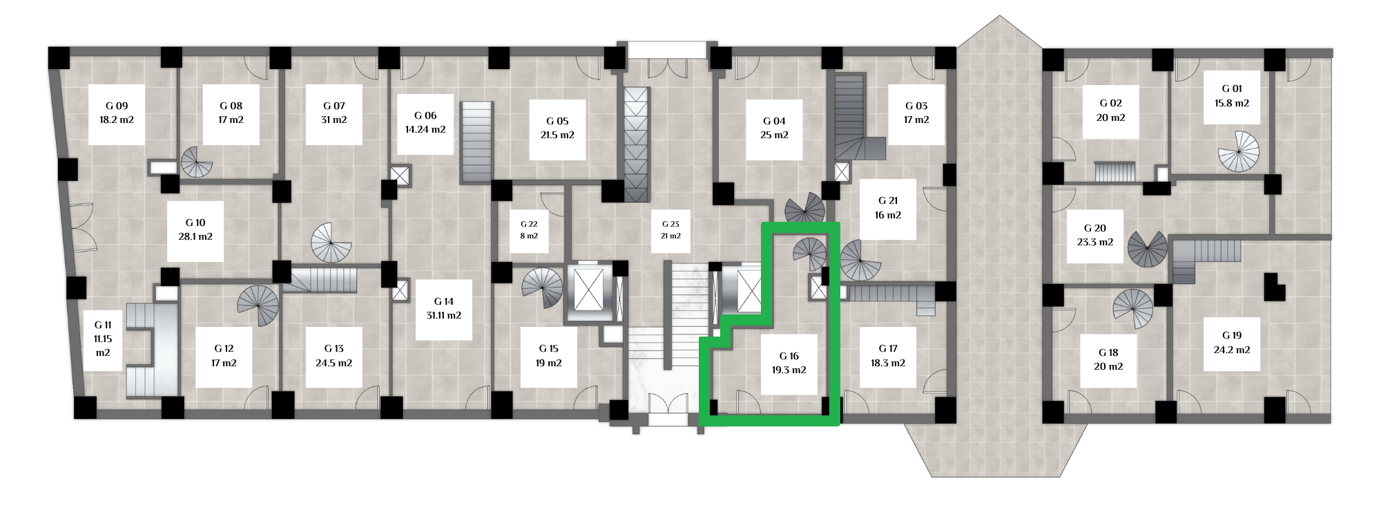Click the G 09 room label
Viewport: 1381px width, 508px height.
pyautogui.click(x=117, y=113)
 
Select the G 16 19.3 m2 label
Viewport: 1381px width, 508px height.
pyautogui.click(x=789, y=363)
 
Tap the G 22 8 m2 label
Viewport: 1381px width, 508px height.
pyautogui.click(x=529, y=230)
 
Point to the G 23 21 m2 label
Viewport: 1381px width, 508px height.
pyautogui.click(x=670, y=230)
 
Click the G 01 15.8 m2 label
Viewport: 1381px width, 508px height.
pyautogui.click(x=1232, y=95)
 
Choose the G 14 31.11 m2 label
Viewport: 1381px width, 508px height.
pyautogui.click(x=444, y=308)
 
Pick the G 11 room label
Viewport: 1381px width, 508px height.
pyautogui.click(x=103, y=339)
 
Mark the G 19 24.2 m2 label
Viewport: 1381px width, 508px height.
pyautogui.click(x=1232, y=342)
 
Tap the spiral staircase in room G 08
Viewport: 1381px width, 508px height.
pyautogui.click(x=197, y=162)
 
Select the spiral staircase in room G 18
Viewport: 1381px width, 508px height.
pyautogui.click(x=1133, y=309)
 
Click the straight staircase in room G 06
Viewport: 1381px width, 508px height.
pyautogui.click(x=476, y=142)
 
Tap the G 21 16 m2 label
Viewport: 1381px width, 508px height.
pyautogui.click(x=888, y=208)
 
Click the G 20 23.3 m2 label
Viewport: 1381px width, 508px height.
pyautogui.click(x=1095, y=235)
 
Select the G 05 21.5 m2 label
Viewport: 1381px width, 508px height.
pyautogui.click(x=557, y=128)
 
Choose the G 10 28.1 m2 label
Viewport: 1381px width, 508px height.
pyautogui.click(x=195, y=229)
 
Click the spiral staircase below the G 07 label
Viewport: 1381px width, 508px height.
pyautogui.click(x=331, y=243)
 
